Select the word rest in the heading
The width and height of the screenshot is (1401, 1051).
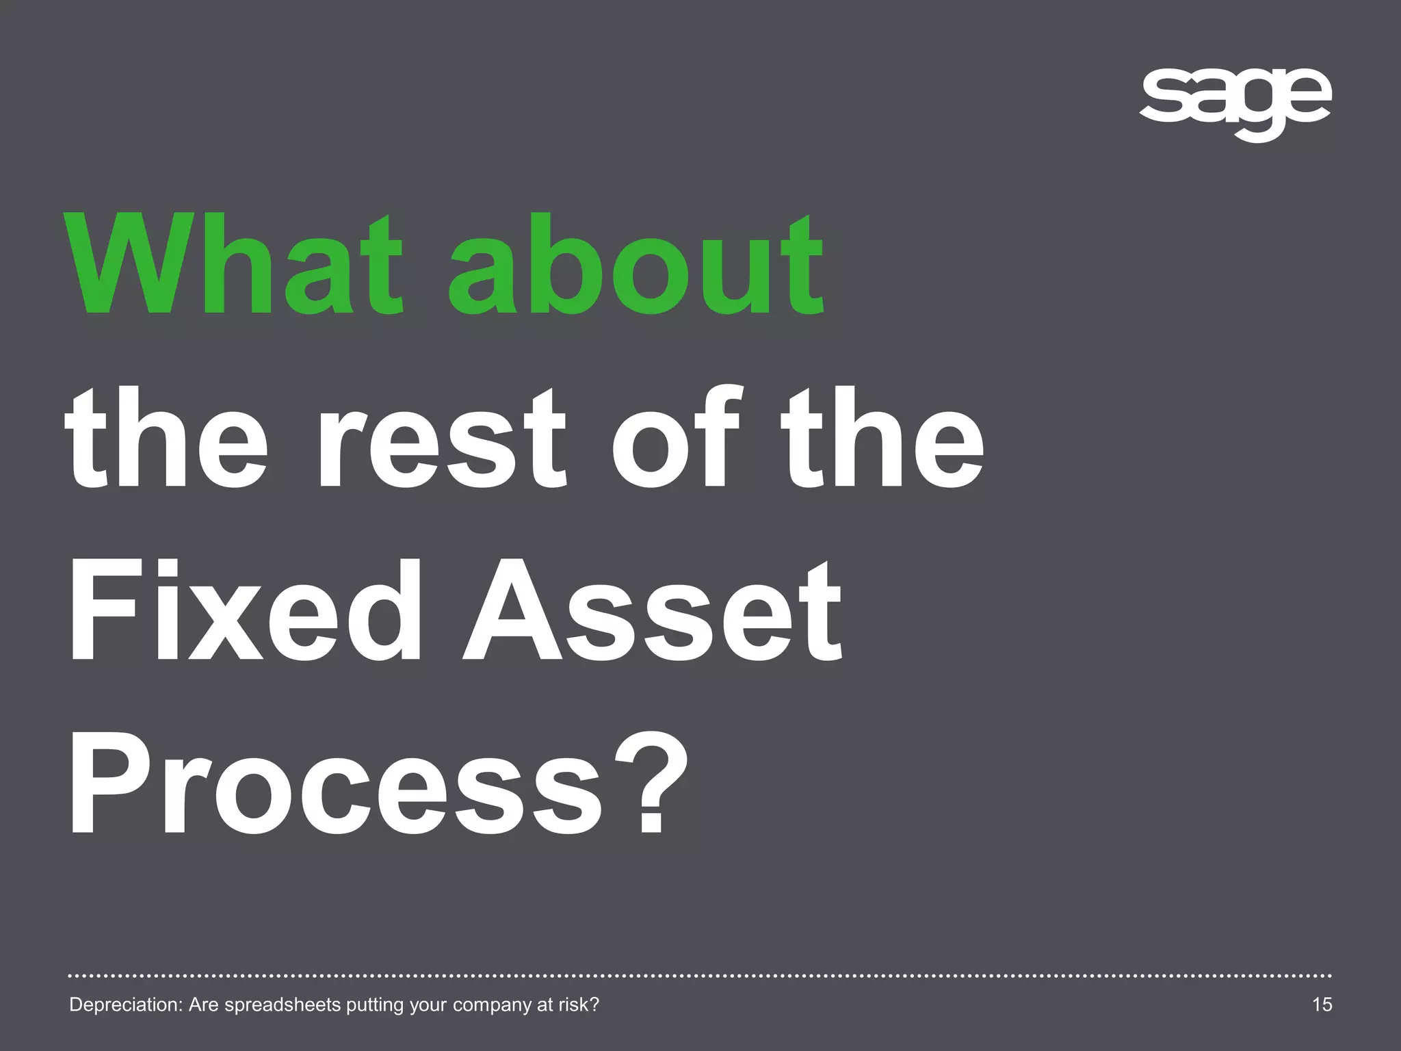(x=442, y=438)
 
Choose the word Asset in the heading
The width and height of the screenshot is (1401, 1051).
(x=653, y=610)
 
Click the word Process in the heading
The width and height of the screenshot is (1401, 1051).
(x=335, y=783)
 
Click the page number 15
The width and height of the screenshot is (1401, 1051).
(x=1322, y=1004)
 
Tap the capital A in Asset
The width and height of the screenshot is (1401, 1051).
(x=512, y=610)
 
